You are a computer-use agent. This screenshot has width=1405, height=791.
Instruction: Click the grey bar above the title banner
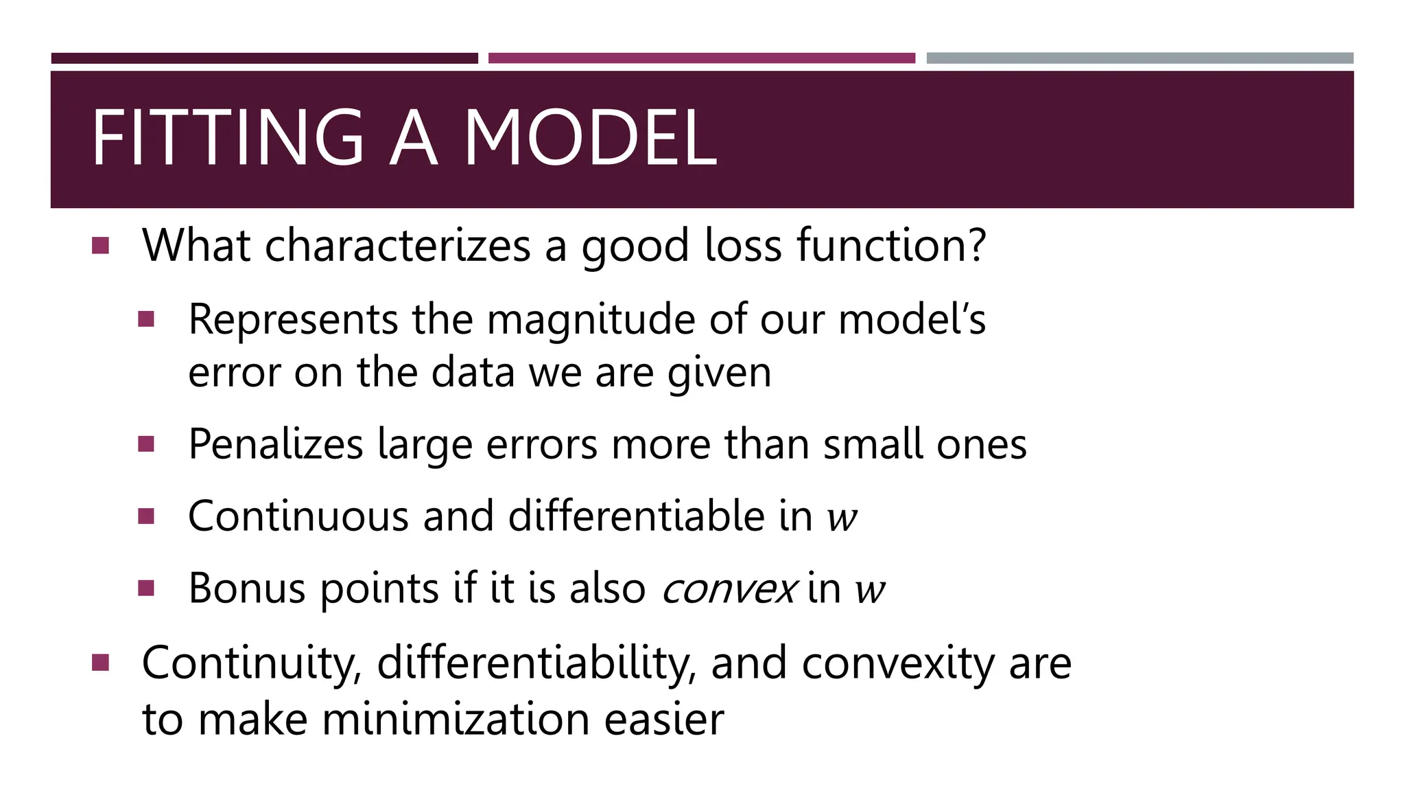pyautogui.click(x=1140, y=58)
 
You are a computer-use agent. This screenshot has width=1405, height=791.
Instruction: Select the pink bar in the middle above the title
pyautogui.click(x=701, y=58)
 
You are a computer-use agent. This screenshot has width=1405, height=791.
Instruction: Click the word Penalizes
pyautogui.click(x=275, y=444)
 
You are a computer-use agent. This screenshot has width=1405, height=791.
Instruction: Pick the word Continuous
pyautogui.click(x=298, y=516)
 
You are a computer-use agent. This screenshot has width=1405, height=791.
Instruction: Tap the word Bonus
pyautogui.click(x=247, y=588)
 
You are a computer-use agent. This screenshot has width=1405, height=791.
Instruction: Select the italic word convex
pyautogui.click(x=729, y=590)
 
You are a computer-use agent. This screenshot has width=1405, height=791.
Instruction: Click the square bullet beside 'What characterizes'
pyautogui.click(x=100, y=246)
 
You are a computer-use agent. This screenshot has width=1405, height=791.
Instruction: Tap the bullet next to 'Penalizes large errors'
pyautogui.click(x=146, y=444)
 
